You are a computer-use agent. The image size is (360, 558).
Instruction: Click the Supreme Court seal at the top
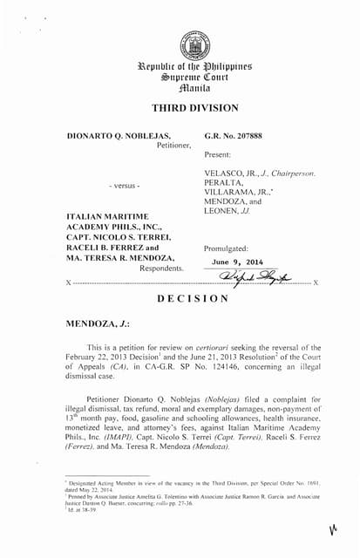(x=189, y=45)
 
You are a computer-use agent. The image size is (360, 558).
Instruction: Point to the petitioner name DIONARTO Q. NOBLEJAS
(x=119, y=136)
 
